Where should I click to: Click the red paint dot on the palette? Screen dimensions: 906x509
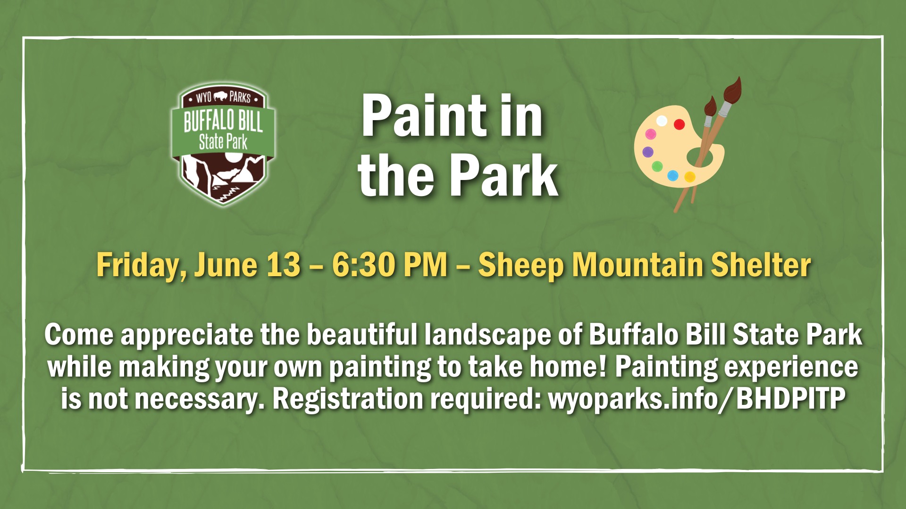(x=679, y=124)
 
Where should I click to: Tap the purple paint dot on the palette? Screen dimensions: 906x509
(x=648, y=152)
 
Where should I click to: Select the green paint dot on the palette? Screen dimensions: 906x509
(x=657, y=166)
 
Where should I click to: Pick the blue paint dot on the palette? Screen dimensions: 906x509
(x=673, y=176)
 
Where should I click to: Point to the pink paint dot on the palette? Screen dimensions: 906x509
(x=651, y=134)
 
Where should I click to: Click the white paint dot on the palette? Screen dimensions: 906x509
(x=662, y=121)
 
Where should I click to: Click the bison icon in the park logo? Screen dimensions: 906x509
(x=220, y=97)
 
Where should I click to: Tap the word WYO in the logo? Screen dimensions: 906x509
(x=203, y=98)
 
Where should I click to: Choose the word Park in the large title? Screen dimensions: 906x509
(x=503, y=176)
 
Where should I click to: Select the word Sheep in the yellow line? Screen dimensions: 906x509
(x=521, y=265)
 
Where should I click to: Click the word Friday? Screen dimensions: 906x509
(x=139, y=266)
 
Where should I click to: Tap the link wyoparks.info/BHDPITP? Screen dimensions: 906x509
(x=696, y=399)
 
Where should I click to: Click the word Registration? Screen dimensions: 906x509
(x=348, y=399)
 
